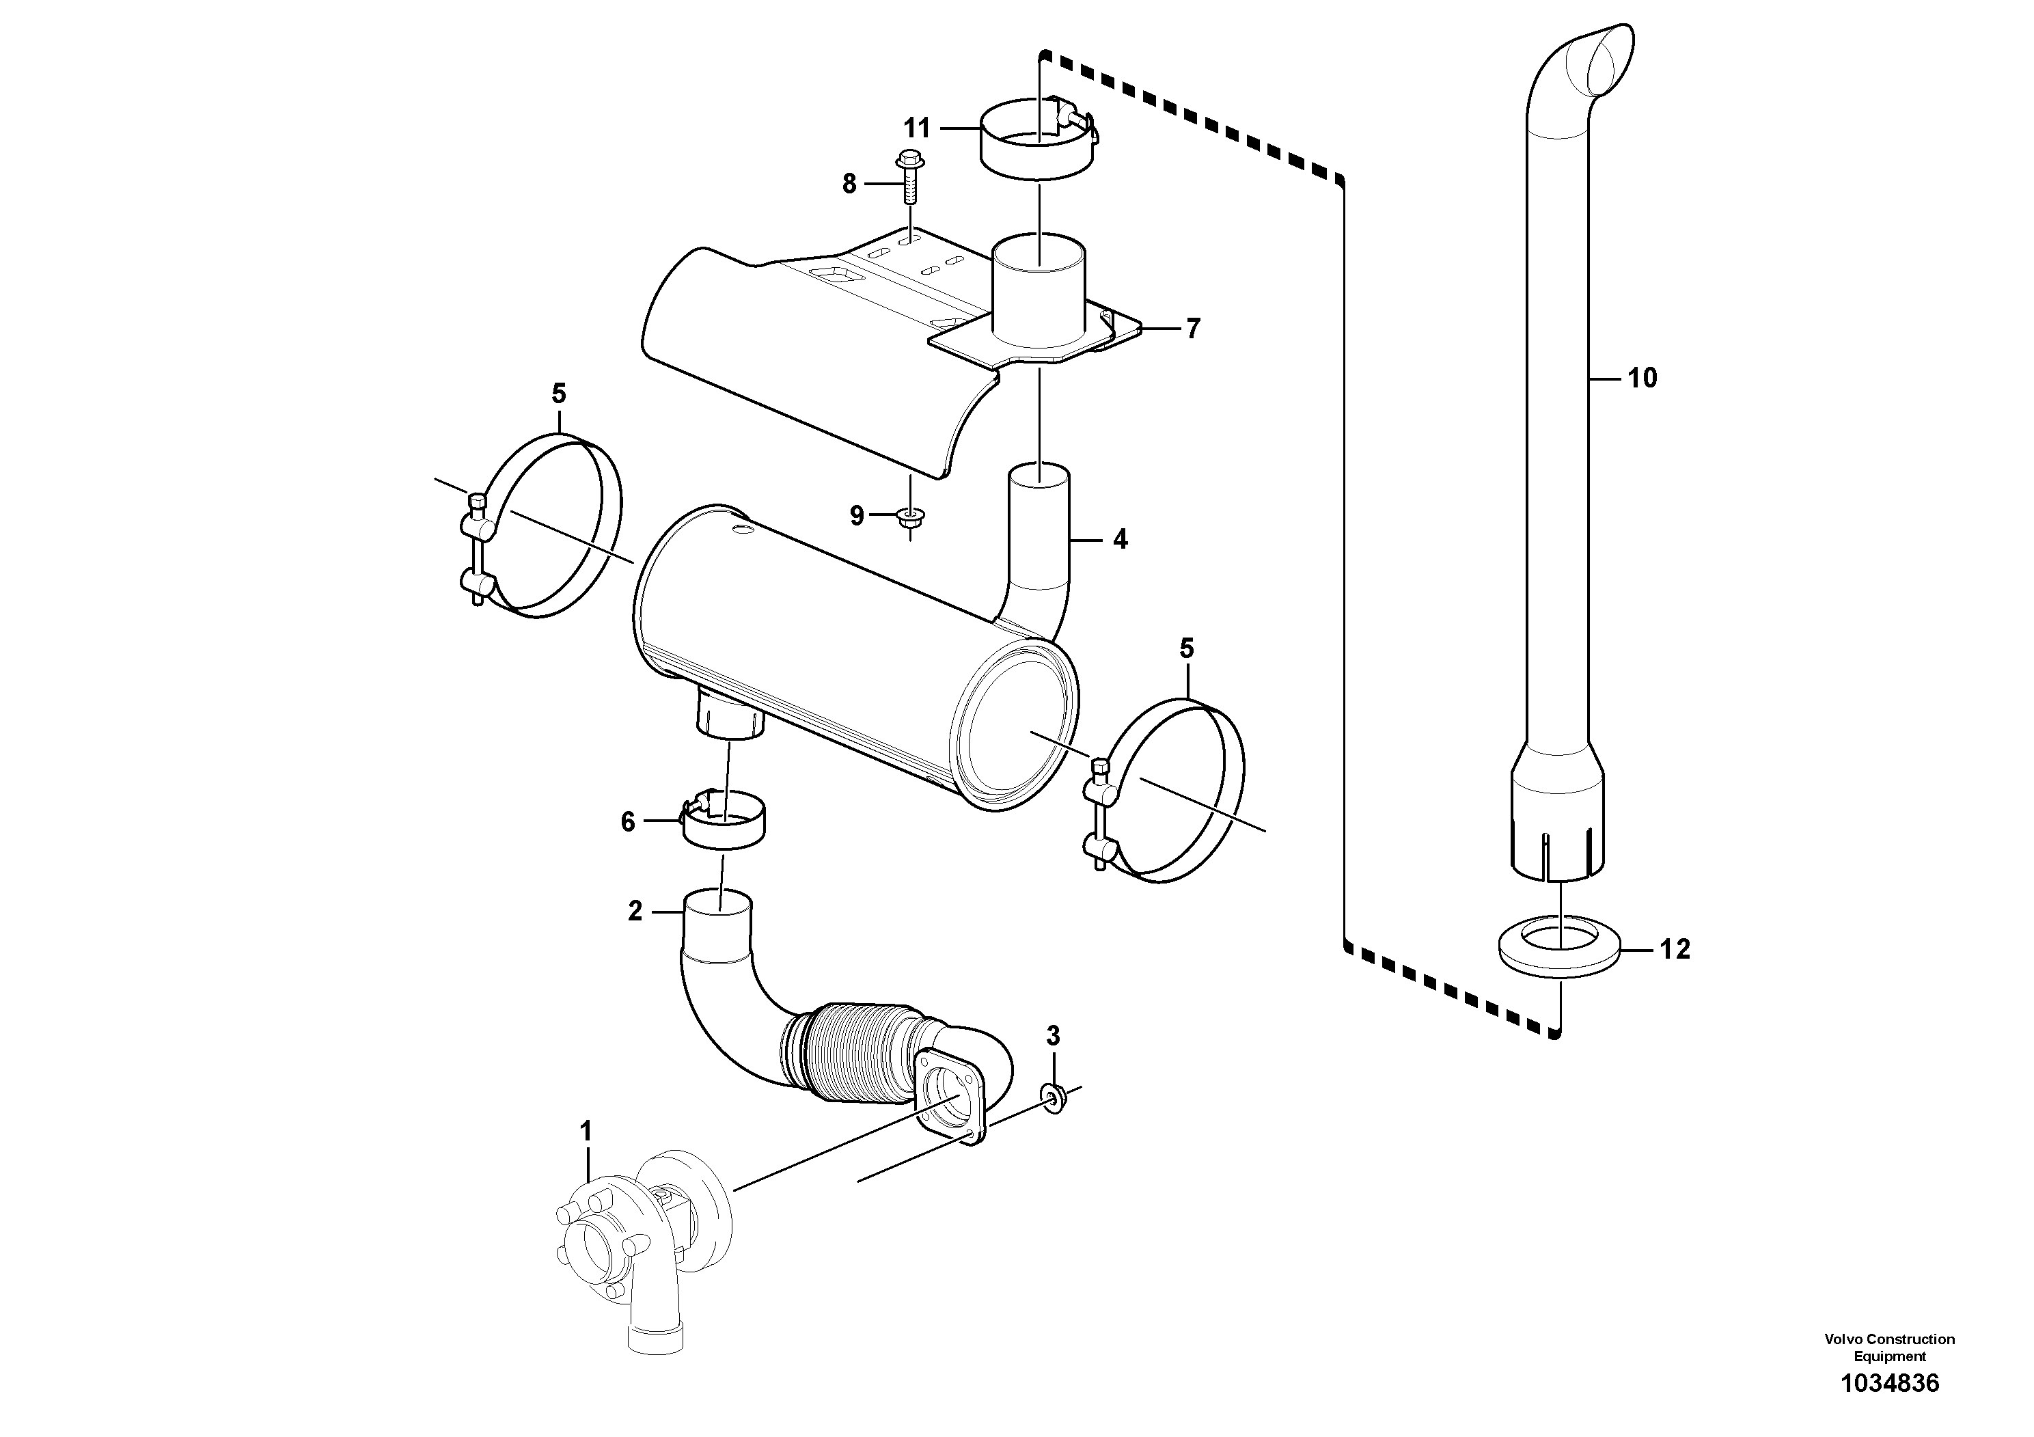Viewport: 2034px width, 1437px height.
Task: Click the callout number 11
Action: point(916,128)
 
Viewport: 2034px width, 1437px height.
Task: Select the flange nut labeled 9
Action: point(908,517)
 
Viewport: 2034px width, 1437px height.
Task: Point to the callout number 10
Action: point(1642,379)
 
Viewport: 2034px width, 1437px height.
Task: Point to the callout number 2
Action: point(634,911)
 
